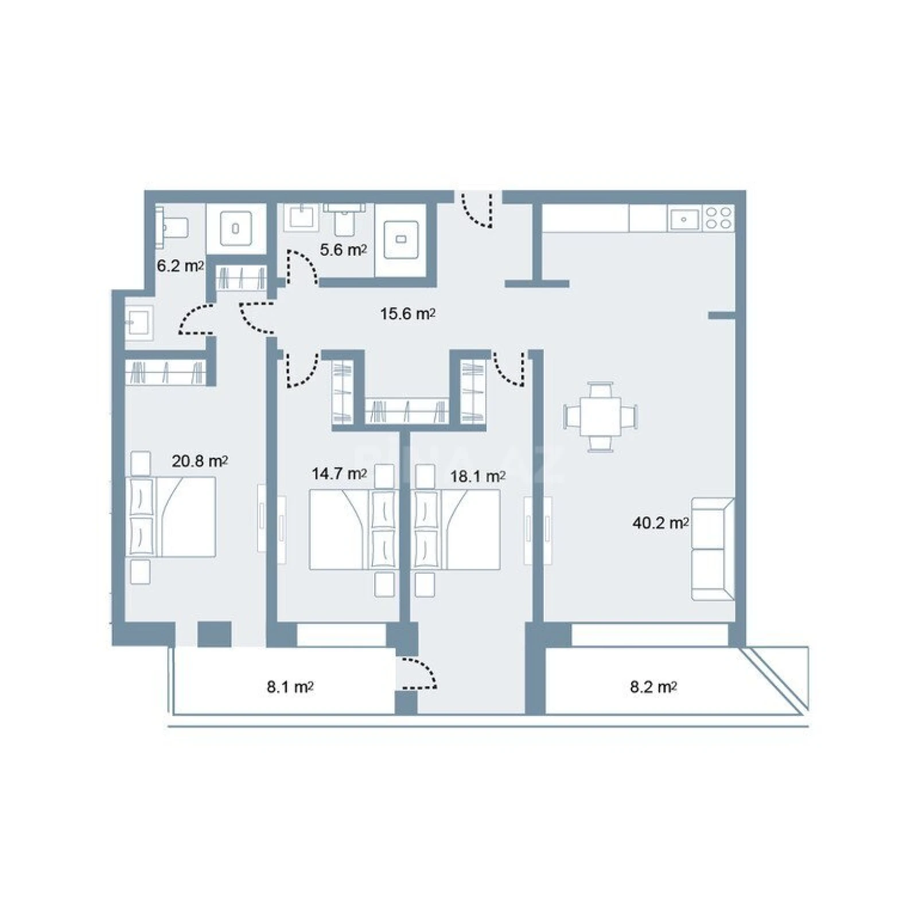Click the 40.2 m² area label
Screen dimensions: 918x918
click(x=660, y=523)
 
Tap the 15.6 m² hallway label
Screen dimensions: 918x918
click(x=407, y=314)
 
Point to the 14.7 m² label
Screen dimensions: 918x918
click(x=339, y=473)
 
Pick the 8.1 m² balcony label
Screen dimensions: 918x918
click(x=290, y=687)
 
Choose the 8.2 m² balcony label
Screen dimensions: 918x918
click(x=653, y=687)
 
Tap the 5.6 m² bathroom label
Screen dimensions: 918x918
click(x=343, y=250)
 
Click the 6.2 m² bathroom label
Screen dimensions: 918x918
click(x=180, y=266)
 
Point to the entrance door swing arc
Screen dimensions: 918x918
click(x=478, y=212)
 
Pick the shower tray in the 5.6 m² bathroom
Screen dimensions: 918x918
click(x=401, y=239)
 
